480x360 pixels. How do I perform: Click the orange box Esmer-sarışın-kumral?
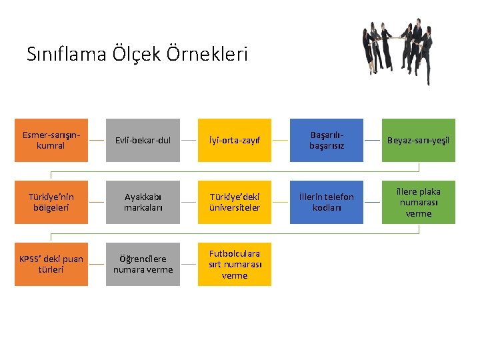coord(51,140)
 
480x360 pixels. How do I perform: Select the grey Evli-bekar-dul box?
coord(143,140)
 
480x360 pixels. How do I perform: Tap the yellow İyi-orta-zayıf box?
coord(235,140)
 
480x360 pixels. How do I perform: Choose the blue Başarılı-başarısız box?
coord(327,140)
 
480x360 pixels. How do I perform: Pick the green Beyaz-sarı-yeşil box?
coord(419,140)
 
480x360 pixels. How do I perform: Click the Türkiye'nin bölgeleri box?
coord(51,202)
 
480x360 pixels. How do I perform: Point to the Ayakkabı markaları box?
coord(143,202)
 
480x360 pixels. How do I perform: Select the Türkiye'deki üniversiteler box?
coord(235,202)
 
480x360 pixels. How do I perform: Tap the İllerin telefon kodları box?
coord(327,202)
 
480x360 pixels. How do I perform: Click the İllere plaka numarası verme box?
coord(419,202)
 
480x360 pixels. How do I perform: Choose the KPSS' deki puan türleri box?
coord(51,264)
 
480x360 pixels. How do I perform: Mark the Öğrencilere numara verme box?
coord(143,264)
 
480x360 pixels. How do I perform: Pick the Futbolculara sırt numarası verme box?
coord(235,264)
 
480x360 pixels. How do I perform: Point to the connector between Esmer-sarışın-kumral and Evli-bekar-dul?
coord(97,140)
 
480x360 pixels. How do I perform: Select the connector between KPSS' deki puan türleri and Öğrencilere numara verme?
coord(97,264)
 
